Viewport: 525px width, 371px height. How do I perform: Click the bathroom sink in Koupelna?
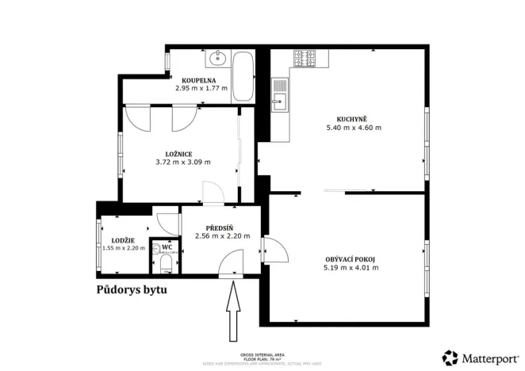coord(216,58)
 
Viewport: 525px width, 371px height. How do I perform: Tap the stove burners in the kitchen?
coord(304,58)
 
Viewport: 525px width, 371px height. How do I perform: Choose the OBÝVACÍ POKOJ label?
coord(350,259)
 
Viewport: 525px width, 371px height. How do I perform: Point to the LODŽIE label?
coord(123,240)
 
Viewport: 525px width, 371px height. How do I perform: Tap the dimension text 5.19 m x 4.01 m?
coord(351,268)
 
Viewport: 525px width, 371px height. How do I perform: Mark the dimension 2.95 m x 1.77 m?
coord(201,88)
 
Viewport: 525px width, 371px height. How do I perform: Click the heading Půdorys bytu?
coord(132,289)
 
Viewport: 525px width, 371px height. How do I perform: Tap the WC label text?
coord(167,247)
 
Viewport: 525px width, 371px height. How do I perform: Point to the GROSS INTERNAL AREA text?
coord(262,354)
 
